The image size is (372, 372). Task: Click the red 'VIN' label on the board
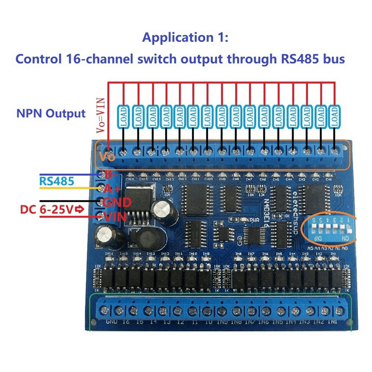[115, 217]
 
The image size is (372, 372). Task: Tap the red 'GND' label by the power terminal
[117, 202]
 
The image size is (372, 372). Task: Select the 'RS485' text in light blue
[57, 181]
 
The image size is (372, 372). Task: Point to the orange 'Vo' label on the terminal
[107, 157]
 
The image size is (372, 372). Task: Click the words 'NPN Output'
[51, 113]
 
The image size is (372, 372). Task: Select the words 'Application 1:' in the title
[185, 38]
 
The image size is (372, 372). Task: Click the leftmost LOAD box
[123, 117]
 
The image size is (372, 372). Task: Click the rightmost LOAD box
[334, 117]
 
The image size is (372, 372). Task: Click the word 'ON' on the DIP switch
[344, 239]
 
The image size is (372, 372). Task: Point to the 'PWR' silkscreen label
[254, 220]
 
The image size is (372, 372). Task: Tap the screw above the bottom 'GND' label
[104, 310]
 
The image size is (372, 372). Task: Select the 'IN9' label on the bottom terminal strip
[222, 322]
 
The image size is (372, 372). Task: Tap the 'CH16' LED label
[130, 179]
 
